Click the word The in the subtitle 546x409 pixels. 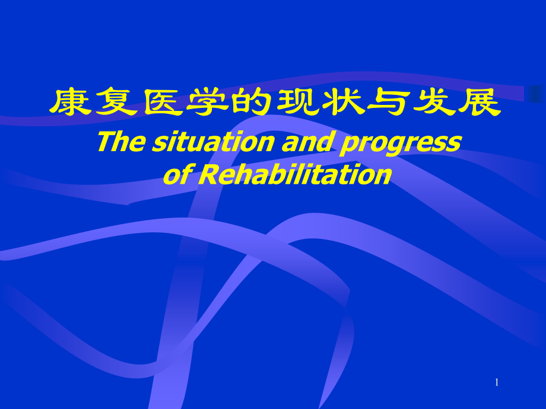118,142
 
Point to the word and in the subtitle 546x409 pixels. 307,142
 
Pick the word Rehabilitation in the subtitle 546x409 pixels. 294,174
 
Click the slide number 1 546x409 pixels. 497,383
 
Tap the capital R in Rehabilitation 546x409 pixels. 205,174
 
